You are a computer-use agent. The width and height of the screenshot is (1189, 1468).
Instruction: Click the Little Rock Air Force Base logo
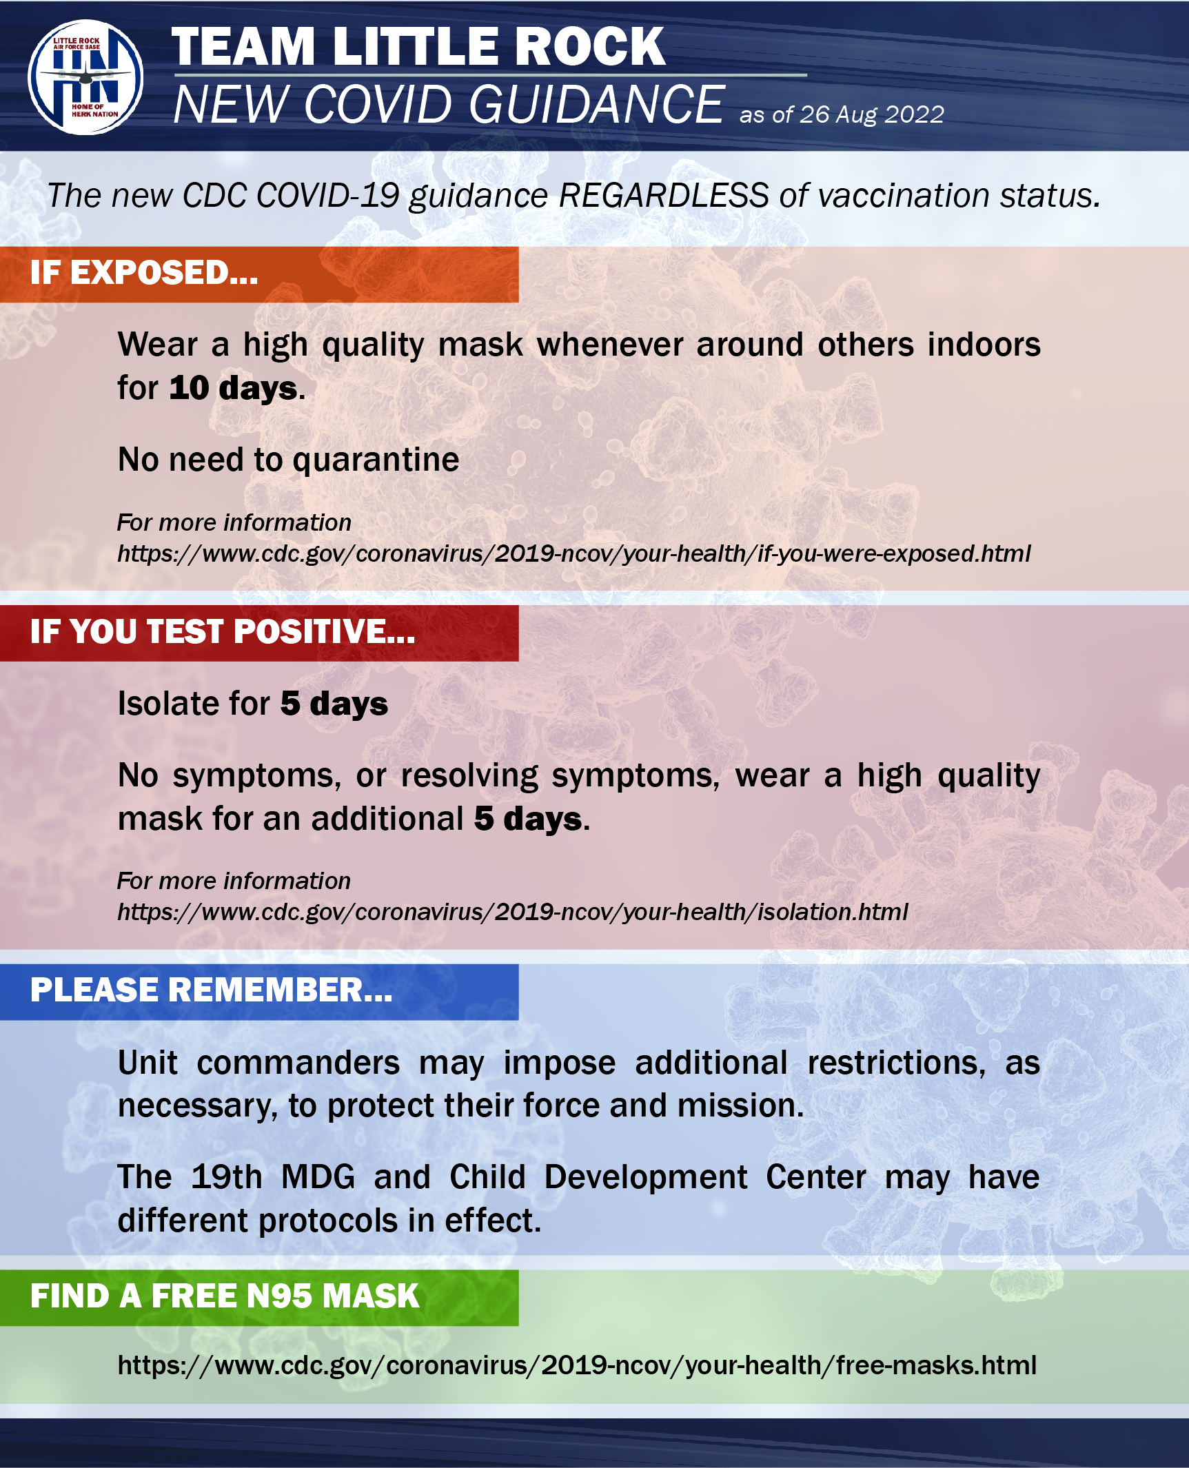tap(85, 77)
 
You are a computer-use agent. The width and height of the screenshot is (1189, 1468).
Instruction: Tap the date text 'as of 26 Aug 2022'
tap(842, 114)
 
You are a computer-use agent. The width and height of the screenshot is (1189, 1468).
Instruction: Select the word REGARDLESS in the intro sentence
tap(664, 196)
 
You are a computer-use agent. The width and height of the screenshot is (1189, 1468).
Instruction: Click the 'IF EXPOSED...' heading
tap(144, 273)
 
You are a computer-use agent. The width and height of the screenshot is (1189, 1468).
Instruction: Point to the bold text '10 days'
tap(234, 389)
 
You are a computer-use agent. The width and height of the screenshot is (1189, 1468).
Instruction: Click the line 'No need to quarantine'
tap(288, 460)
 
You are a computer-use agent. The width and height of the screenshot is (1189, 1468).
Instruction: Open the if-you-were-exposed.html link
tap(573, 554)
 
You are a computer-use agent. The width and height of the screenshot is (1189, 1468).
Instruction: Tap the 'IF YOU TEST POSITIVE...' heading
tap(223, 631)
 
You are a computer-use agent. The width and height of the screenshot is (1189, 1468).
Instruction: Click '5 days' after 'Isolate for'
tap(334, 704)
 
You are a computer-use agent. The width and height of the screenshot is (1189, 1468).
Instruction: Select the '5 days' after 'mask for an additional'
tap(528, 819)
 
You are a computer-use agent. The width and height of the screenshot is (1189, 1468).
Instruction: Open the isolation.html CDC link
tap(512, 913)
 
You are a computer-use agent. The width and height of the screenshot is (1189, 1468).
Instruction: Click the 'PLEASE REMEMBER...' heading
tap(211, 990)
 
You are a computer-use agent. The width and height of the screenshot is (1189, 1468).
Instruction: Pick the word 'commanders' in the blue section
tap(298, 1063)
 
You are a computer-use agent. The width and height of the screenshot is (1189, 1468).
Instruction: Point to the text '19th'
tap(227, 1177)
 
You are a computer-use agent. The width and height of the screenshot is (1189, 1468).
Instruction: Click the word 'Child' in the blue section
tap(487, 1177)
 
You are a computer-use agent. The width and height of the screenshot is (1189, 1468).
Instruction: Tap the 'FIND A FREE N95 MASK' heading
tap(225, 1296)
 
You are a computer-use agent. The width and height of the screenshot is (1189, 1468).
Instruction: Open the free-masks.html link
tap(577, 1365)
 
